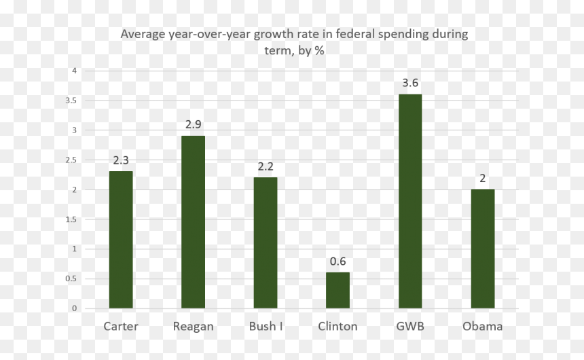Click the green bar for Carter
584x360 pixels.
pos(121,240)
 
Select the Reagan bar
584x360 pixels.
pos(194,222)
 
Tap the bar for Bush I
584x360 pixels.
pos(266,242)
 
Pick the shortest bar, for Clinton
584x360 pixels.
pos(337,290)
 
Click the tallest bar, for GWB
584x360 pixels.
pos(410,201)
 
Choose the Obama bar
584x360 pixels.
pos(483,249)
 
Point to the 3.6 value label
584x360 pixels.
pos(410,83)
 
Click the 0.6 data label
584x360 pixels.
pos(337,262)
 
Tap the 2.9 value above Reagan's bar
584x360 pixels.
pos(194,124)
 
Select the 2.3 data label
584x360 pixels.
pos(121,160)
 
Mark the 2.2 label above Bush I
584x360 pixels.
pos(266,166)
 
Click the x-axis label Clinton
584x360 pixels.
pos(337,327)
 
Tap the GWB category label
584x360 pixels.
pos(410,327)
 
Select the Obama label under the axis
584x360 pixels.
pos(483,327)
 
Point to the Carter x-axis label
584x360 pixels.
pos(121,327)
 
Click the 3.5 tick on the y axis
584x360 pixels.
pos(71,101)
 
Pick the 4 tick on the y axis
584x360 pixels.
pos(75,71)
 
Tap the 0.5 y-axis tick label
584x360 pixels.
pos(71,278)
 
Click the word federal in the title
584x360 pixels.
pos(355,34)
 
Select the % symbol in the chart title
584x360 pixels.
pos(320,51)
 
